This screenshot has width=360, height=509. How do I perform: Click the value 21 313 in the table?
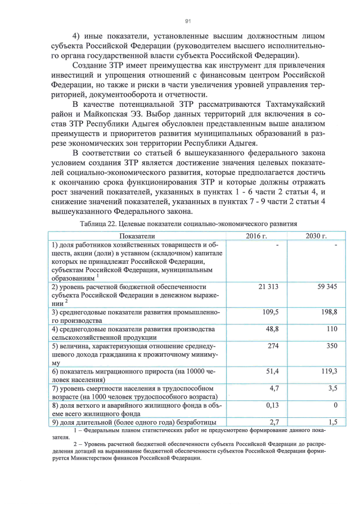(x=268, y=287)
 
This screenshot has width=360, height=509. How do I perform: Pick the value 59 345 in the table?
(x=326, y=287)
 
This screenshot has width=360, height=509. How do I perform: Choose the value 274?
(x=273, y=346)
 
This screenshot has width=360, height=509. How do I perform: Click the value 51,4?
(x=272, y=371)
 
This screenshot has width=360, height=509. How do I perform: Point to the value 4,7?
(x=274, y=388)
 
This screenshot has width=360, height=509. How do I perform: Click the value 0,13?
(x=272, y=405)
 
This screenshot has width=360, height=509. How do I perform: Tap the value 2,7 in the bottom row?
(x=274, y=422)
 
